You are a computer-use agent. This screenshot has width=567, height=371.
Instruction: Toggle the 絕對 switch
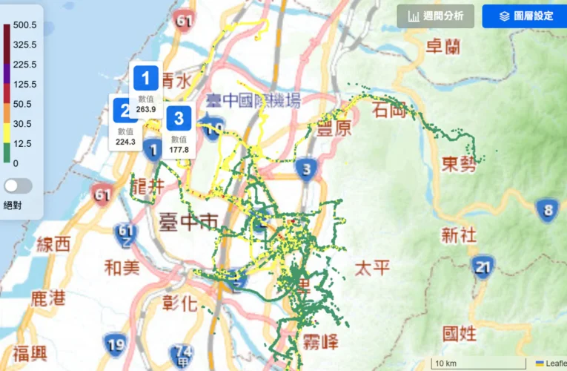click(18, 185)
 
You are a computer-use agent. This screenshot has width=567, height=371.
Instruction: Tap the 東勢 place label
click(459, 164)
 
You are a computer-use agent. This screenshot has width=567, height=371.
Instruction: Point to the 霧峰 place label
click(320, 342)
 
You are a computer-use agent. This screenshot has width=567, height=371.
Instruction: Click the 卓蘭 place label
click(443, 47)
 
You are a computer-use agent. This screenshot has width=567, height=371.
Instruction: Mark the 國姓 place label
click(459, 333)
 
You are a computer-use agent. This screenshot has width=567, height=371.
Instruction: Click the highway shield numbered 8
click(548, 210)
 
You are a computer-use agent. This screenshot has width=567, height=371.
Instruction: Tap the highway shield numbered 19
click(116, 344)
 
